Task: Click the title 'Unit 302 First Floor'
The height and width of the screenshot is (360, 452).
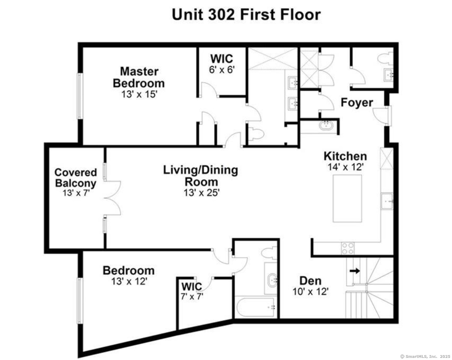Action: pyautogui.click(x=246, y=15)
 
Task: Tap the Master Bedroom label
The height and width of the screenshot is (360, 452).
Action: pyautogui.click(x=139, y=77)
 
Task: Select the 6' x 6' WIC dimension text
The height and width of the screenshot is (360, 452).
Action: pyautogui.click(x=222, y=70)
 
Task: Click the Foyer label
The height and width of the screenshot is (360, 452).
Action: pyautogui.click(x=357, y=102)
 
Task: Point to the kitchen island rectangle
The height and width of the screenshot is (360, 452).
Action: pyautogui.click(x=347, y=198)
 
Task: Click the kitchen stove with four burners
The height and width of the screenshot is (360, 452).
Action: pyautogui.click(x=348, y=248)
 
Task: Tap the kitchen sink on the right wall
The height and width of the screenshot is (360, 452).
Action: pyautogui.click(x=387, y=201)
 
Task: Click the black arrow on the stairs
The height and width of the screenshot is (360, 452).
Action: pyautogui.click(x=355, y=271)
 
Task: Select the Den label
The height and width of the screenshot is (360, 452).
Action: pyautogui.click(x=310, y=280)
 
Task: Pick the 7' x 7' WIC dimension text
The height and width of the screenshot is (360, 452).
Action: pyautogui.click(x=192, y=297)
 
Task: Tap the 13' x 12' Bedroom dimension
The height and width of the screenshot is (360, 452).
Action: pyautogui.click(x=129, y=281)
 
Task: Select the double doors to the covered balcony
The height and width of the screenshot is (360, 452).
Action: pyautogui.click(x=112, y=198)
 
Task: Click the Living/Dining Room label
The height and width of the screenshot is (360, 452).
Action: pyautogui.click(x=201, y=175)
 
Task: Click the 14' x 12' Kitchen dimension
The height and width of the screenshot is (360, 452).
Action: pyautogui.click(x=345, y=167)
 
